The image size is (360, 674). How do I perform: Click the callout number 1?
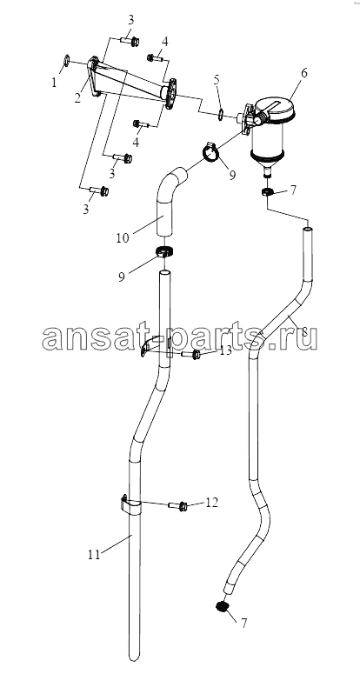click(x=54, y=82)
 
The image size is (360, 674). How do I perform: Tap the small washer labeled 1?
click(x=67, y=61)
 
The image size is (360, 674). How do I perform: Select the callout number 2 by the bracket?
click(x=77, y=97)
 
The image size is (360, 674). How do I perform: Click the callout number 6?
click(x=303, y=73)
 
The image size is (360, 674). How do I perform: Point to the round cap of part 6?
click(x=275, y=109)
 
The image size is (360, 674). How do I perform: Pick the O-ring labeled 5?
click(x=220, y=115)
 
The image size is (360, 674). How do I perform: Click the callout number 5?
click(x=217, y=79)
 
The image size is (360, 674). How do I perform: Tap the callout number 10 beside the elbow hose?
click(x=123, y=237)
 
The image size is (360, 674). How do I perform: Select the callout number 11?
click(x=94, y=555)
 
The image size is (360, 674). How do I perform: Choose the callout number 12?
click(x=212, y=502)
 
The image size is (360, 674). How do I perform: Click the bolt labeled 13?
click(x=190, y=355)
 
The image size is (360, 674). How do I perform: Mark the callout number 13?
click(x=225, y=350)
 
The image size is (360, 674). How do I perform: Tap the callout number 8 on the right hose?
click(x=304, y=331)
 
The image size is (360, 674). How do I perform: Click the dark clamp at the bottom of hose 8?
click(x=222, y=606)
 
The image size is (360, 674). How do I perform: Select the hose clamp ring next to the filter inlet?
click(x=210, y=152)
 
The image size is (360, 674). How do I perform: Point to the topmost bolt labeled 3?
click(x=130, y=42)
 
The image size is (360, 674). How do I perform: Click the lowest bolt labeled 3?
click(x=99, y=190)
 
